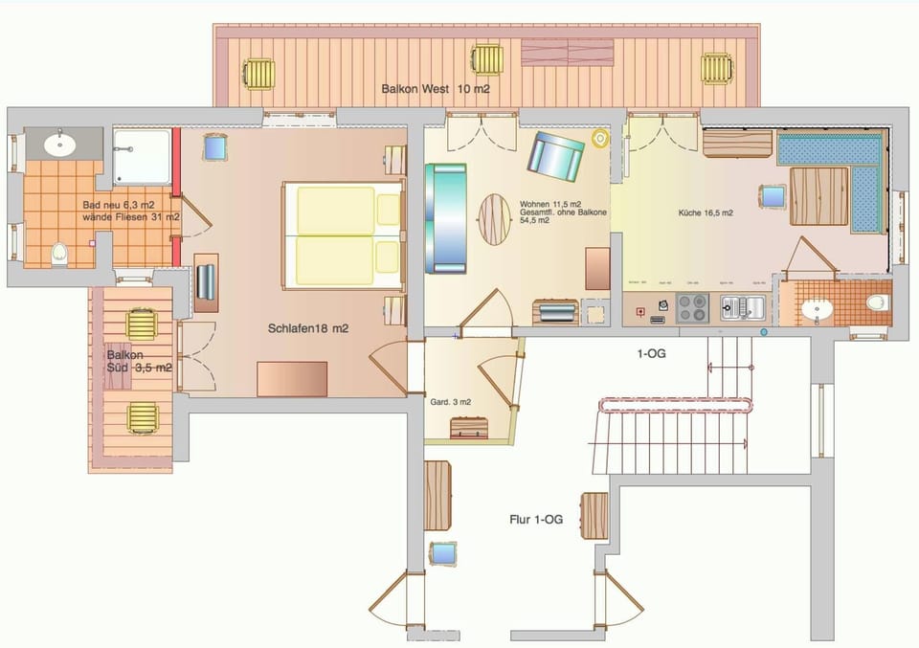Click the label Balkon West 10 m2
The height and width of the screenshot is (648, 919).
[436, 89]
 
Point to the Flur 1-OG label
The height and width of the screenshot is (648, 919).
[535, 520]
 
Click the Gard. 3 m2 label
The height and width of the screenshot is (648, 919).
[450, 402]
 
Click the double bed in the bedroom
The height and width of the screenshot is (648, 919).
[342, 236]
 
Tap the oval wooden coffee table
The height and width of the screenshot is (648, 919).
[495, 219]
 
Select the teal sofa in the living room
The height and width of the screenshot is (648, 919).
[447, 217]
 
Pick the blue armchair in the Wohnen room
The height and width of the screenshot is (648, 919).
[555, 156]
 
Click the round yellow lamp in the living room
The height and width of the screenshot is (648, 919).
[600, 140]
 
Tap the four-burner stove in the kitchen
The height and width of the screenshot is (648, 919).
[692, 307]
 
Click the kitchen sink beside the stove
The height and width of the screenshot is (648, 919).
[741, 308]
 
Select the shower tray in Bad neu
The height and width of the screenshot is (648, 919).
[142, 157]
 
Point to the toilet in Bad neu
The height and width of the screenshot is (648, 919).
[59, 254]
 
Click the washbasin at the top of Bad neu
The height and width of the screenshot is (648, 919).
[60, 145]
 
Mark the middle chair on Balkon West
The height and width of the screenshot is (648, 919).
[486, 59]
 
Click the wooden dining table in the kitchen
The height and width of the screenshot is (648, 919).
[819, 195]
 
